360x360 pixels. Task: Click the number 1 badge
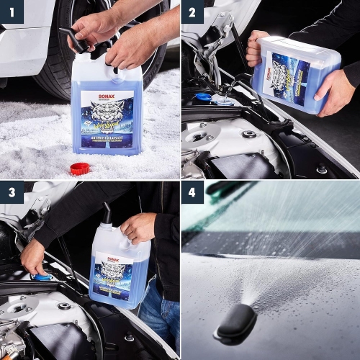pos(12,12)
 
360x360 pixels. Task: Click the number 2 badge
pos(192,12)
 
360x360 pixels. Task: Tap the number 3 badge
pos(12,192)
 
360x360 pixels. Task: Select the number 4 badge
pos(192,192)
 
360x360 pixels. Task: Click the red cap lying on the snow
pos(79,168)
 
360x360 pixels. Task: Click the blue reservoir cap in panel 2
pos(204,97)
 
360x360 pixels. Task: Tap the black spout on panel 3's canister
pos(107,215)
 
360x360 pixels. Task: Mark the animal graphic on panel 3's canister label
pos(114,274)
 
